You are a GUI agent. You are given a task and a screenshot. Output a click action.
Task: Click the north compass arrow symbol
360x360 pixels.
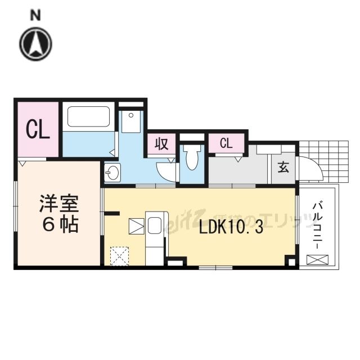coord(36,43)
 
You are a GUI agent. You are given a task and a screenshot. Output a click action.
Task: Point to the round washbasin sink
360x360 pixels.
coord(112,173)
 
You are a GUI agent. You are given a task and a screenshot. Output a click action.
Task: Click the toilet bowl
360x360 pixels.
coord(192,157)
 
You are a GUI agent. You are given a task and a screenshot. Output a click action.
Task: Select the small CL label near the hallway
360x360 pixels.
coord(226,143)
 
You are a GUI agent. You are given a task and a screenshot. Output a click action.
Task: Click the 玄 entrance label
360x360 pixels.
coord(283,168)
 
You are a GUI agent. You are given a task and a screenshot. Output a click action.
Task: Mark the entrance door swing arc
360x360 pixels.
coord(310,169)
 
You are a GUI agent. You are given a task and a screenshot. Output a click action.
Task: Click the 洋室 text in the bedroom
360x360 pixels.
coord(58,203)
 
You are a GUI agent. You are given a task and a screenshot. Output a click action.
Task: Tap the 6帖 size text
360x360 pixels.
coord(58,225)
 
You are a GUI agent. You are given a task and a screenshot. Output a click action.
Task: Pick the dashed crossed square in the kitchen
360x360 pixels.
coord(119,256)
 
